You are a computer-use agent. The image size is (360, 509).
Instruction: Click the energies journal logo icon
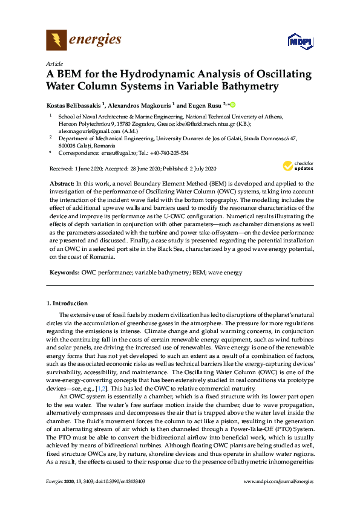[x=57, y=40]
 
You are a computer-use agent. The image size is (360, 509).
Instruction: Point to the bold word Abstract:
[x=61, y=183]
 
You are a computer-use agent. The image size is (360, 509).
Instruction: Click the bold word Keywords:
[x=64, y=273]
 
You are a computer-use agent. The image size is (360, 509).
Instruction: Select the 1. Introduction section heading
[x=67, y=303]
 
